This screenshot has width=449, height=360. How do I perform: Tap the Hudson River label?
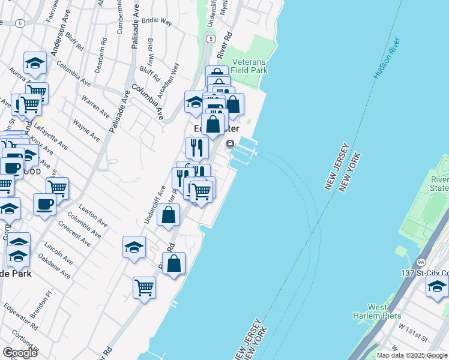386,58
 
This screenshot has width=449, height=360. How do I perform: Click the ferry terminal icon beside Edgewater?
230,144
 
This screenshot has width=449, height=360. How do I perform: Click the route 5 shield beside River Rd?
210,38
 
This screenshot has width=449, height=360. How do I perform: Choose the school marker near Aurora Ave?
35,63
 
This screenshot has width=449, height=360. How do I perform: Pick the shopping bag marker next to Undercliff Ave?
169,215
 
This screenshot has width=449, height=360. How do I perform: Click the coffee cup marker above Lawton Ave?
44,204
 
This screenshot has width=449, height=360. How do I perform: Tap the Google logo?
20,352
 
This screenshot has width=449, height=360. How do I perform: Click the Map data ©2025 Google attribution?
412,355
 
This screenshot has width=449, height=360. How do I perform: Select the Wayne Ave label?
86,130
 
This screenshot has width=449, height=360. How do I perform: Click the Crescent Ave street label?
74,234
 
